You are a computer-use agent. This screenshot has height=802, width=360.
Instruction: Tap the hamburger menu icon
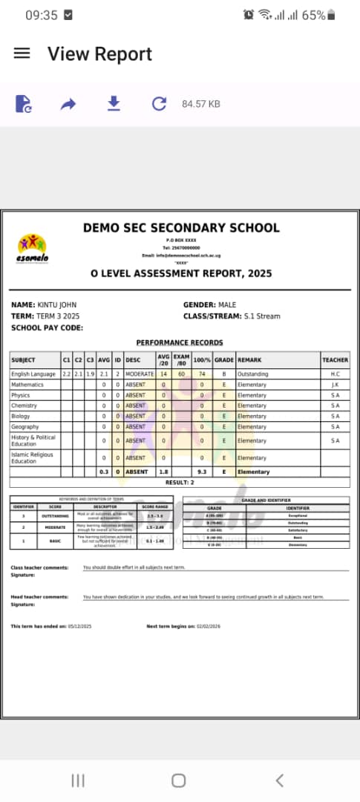tap(22, 53)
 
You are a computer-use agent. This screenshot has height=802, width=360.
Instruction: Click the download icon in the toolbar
tap(114, 103)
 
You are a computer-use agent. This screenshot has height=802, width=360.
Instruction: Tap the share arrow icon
tap(68, 104)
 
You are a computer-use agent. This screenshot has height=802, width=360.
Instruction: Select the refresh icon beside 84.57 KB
tap(159, 103)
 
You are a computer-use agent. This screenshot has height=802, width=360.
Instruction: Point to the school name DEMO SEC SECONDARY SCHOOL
tap(181, 228)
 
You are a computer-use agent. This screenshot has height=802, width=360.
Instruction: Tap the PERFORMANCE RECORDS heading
tap(180, 342)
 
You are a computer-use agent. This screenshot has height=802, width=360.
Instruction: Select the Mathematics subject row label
tap(27, 385)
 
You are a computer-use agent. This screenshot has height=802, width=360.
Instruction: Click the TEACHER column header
tap(335, 360)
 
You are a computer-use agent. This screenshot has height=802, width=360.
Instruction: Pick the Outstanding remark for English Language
tap(252, 374)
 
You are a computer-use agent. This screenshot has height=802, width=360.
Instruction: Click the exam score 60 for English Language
tap(181, 374)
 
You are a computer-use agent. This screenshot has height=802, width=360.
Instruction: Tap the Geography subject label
tap(26, 426)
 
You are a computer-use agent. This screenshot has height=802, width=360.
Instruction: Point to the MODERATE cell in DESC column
tap(139, 374)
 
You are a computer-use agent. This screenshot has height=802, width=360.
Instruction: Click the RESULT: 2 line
tap(180, 483)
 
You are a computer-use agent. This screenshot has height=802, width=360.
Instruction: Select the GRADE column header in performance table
tap(224, 360)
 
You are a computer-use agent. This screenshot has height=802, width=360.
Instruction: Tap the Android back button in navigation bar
tap(279, 780)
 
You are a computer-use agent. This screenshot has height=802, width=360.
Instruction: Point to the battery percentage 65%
tap(313, 15)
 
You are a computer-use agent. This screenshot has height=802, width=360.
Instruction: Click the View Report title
tap(99, 54)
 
